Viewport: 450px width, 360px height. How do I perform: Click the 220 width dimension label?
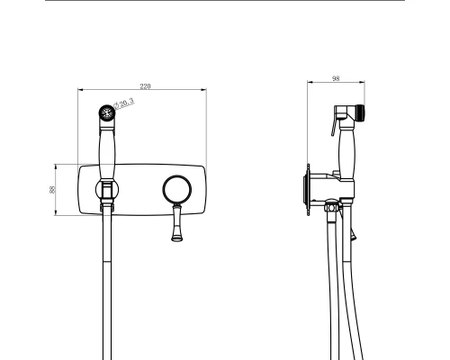(145, 86)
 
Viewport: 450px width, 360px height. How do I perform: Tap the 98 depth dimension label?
(336, 78)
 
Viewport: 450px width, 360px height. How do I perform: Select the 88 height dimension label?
(52, 190)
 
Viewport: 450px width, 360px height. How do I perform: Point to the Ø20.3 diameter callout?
(124, 103)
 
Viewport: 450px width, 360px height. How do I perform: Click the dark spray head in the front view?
(107, 112)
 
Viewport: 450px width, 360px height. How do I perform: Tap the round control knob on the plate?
(177, 190)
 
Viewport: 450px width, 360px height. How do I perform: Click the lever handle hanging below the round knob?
(176, 222)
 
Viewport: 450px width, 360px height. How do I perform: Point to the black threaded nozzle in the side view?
(360, 113)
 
